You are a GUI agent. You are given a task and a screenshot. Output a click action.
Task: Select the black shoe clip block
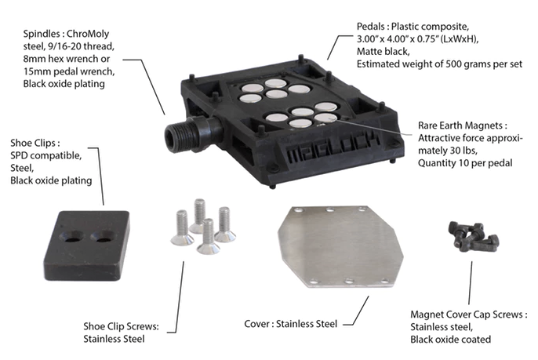coord(86,245)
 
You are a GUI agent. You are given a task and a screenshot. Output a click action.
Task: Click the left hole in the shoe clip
coord(71,236)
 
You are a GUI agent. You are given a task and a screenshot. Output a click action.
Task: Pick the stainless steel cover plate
coord(340,246)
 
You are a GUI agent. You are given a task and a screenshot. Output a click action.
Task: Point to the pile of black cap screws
coord(473,236)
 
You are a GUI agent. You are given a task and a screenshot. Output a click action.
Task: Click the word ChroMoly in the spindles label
coord(88,34)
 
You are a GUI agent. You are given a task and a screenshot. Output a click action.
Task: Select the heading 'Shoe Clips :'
coord(35,143)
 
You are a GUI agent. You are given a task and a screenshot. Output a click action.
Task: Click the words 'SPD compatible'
coord(46,155)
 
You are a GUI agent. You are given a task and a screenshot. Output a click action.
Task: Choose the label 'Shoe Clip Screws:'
coord(121,326)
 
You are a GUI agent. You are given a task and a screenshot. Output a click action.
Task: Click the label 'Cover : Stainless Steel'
coord(291,324)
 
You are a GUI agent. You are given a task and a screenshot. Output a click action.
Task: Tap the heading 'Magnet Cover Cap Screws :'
coord(469,315)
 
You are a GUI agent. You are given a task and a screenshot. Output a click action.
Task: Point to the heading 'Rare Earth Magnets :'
coord(463,125)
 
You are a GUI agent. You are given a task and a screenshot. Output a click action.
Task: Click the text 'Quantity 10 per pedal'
coord(465,162)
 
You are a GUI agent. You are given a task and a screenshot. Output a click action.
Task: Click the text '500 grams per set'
coord(484,64)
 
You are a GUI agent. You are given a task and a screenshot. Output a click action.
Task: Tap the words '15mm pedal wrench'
coord(69,71)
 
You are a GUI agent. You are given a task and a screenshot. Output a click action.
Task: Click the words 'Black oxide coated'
coord(450,340)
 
